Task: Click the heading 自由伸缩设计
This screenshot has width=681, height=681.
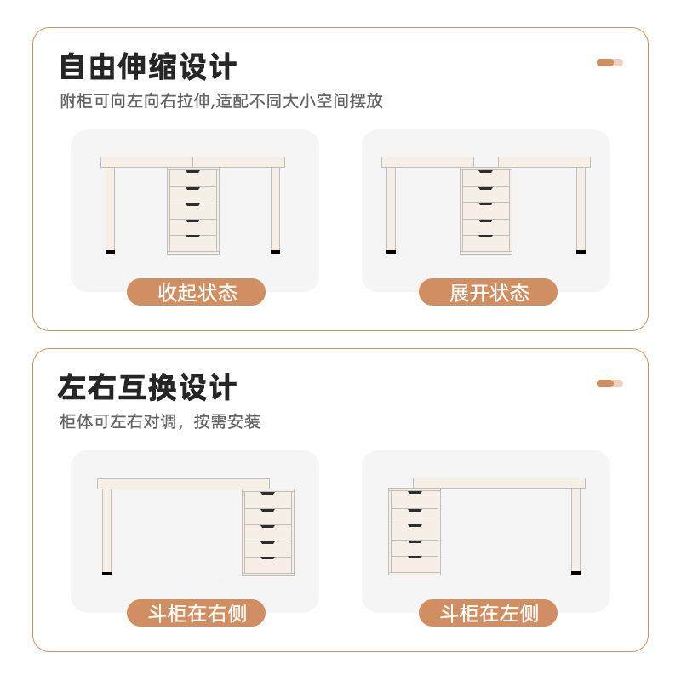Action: [x=147, y=66]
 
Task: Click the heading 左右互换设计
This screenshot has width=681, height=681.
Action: [x=147, y=387]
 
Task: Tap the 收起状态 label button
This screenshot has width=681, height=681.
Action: [x=197, y=293]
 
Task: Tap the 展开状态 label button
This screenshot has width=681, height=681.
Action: [x=489, y=293]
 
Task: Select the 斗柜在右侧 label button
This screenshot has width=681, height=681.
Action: [x=197, y=613]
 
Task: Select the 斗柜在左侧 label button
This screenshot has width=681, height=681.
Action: [x=489, y=613]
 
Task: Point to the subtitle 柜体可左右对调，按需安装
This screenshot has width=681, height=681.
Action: [x=159, y=421]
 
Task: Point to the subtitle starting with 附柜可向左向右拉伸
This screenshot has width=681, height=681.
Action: [x=220, y=101]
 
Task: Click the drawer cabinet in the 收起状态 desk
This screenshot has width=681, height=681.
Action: [x=193, y=209]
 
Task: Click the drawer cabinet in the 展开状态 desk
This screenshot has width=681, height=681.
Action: [x=485, y=209]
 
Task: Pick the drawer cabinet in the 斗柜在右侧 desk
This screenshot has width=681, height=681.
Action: [x=267, y=532]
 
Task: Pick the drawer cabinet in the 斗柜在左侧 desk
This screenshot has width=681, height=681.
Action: [x=414, y=532]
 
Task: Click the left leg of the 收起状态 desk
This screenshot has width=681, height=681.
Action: [x=110, y=209]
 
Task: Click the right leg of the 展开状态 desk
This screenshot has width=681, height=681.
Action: [x=581, y=209]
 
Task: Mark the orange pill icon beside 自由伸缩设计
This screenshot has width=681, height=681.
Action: [x=609, y=62]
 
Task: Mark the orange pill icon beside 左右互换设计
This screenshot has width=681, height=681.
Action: [x=609, y=383]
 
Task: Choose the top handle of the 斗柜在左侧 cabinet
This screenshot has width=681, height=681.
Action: [x=414, y=495]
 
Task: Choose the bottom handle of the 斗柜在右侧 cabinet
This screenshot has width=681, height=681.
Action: [x=267, y=558]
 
